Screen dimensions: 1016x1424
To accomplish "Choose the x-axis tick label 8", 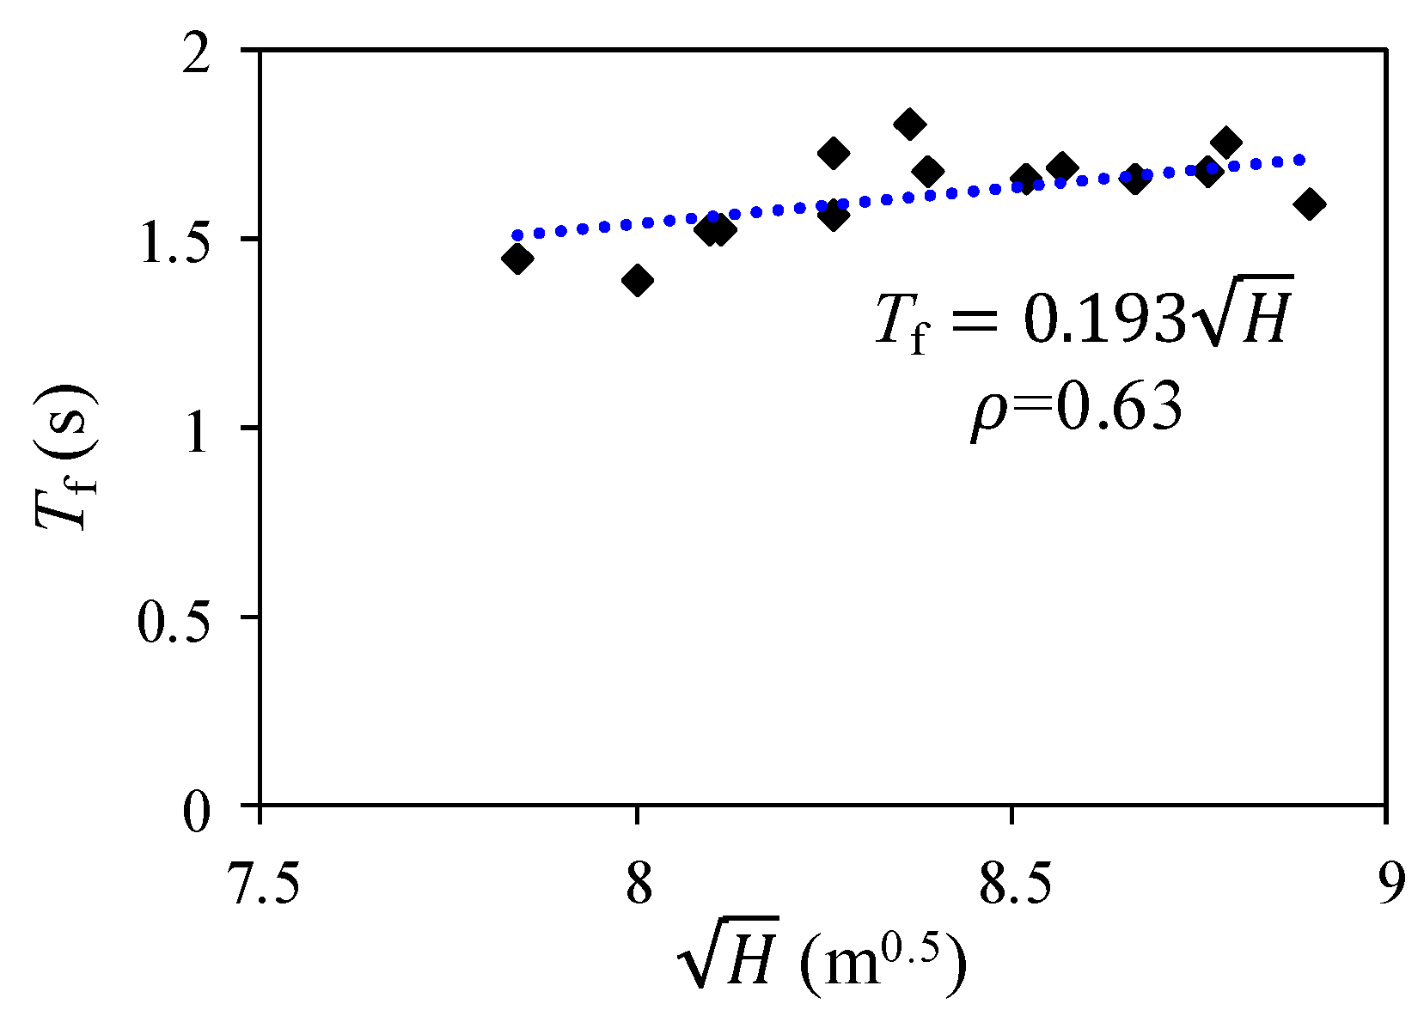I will point(637,885).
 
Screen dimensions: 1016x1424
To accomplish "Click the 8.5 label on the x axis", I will point(1012,885).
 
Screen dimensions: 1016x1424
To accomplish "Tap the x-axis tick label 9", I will point(1388,885).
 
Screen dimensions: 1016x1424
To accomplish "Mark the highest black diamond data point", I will point(909,125).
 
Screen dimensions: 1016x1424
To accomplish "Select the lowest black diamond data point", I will point(637,280).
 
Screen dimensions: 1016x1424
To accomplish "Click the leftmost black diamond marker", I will point(517,259).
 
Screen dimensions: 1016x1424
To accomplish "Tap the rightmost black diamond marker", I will point(1310,204).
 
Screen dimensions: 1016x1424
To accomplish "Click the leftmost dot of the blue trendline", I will point(516,235).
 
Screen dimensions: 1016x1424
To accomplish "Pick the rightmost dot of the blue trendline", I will point(1300,160).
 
